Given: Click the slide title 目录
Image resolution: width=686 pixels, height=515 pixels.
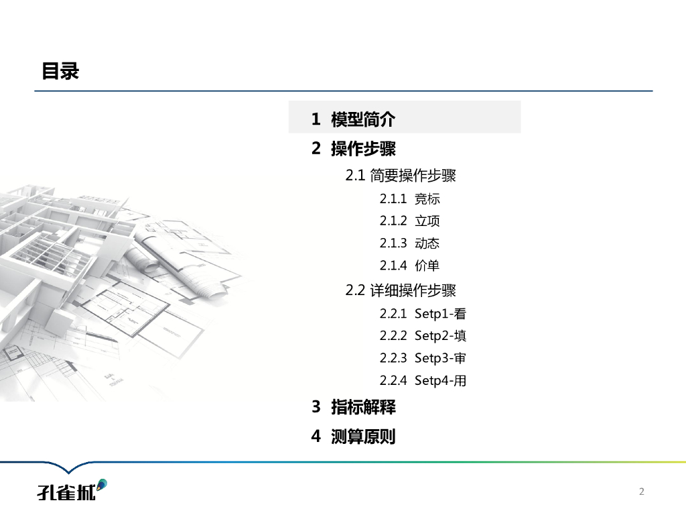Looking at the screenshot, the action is (60, 71).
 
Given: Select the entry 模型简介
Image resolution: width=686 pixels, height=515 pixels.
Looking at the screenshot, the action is (363, 119).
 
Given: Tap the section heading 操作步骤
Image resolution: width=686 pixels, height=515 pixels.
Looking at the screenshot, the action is (363, 148).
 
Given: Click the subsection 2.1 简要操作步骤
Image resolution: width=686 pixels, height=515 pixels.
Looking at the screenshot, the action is (401, 176).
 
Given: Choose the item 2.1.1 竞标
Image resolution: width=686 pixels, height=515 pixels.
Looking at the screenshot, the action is (410, 198).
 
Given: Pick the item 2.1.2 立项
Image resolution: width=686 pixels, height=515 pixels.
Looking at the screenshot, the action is (410, 221).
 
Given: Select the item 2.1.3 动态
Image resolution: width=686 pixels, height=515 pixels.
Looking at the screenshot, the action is (410, 243).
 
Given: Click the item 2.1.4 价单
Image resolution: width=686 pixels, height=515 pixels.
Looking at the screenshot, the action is (410, 265).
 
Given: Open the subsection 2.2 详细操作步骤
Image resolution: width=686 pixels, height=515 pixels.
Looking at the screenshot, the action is (401, 290).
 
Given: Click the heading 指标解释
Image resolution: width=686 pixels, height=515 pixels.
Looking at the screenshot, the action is (363, 406).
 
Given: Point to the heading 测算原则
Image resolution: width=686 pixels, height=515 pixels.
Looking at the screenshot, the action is (363, 437).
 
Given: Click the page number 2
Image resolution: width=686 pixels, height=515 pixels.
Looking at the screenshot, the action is (642, 492).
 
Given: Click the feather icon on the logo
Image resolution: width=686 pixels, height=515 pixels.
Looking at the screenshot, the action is (101, 483).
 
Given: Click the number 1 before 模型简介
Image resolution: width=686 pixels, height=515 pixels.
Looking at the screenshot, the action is (316, 119).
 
